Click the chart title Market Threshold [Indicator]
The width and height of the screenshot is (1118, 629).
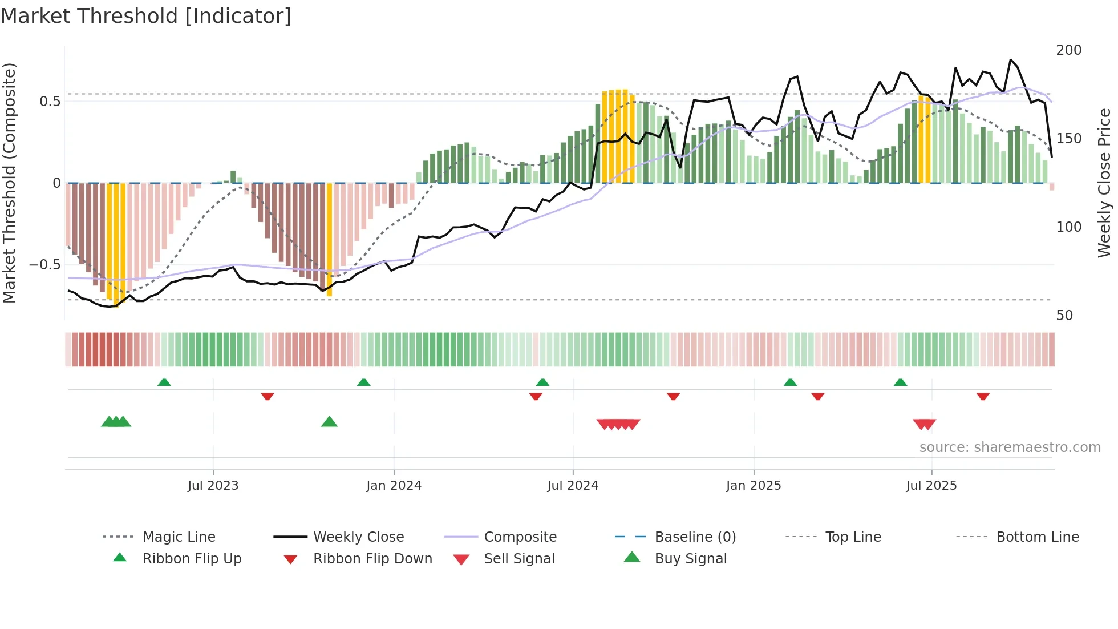tap(146, 16)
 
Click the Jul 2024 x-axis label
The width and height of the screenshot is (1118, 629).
tap(573, 486)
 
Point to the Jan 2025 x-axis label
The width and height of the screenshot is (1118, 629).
tap(753, 486)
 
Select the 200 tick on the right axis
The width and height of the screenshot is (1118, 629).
tap(1068, 50)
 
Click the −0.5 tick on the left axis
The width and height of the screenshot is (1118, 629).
tap(44, 265)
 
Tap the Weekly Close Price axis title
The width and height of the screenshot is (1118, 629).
tap(1104, 183)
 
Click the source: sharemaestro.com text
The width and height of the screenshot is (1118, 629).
tap(1010, 447)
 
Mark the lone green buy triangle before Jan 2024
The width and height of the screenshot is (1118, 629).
tap(329, 422)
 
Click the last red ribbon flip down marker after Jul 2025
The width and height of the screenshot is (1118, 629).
tap(982, 396)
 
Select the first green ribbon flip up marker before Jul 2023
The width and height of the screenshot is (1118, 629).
tap(164, 382)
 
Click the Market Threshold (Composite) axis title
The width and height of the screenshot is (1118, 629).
tap(9, 183)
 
